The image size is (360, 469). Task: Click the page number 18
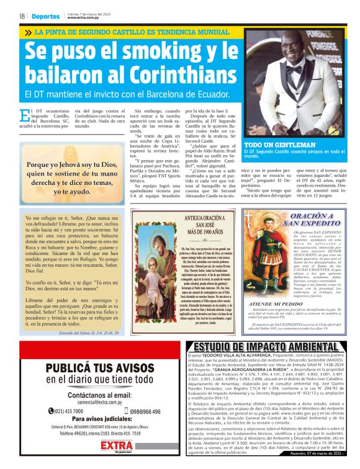point(22,16)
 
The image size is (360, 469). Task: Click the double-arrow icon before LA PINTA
point(28,32)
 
